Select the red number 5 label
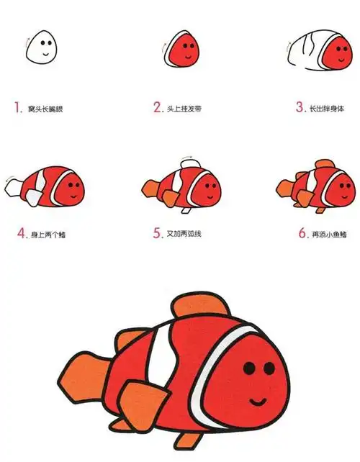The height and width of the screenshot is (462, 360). coord(156,233)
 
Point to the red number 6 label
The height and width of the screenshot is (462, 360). coord(300,233)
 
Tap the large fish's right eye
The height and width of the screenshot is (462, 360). coord(271,368)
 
